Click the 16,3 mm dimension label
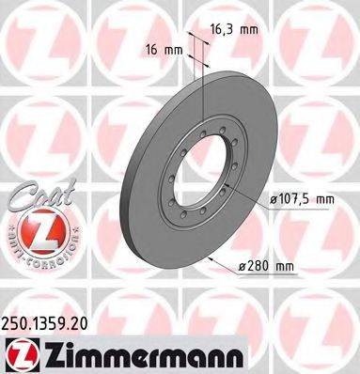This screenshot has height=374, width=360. (230, 29)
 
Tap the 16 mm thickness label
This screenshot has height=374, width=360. (161, 47)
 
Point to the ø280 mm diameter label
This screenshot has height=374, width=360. (266, 267)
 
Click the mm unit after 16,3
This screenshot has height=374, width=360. (248, 29)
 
